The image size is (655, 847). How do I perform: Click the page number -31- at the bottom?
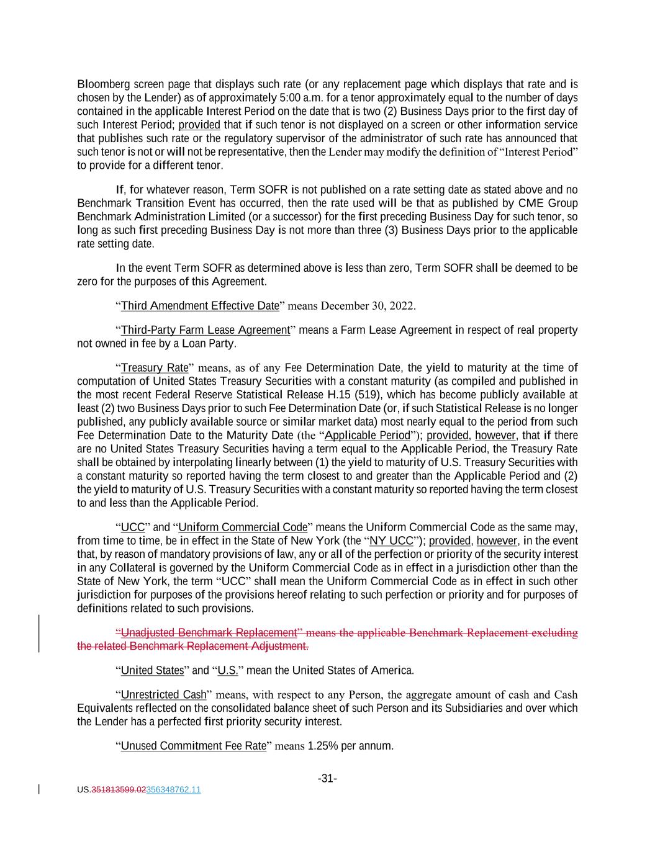327,778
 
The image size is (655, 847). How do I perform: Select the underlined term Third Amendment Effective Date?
200,305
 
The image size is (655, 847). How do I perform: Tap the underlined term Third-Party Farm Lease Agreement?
205,329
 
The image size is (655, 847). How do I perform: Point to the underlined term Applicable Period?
368,435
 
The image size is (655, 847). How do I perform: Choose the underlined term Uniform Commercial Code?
243,527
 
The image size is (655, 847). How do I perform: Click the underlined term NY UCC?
391,540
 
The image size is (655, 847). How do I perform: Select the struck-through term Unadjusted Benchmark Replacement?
209,632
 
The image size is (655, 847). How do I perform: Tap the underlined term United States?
152,670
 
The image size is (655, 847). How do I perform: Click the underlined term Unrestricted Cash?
163,694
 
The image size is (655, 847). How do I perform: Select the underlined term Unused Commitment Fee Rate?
193,745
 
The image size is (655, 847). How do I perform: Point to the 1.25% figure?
323,745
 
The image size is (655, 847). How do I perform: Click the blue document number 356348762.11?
173,790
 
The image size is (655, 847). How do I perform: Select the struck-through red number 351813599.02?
119,790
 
